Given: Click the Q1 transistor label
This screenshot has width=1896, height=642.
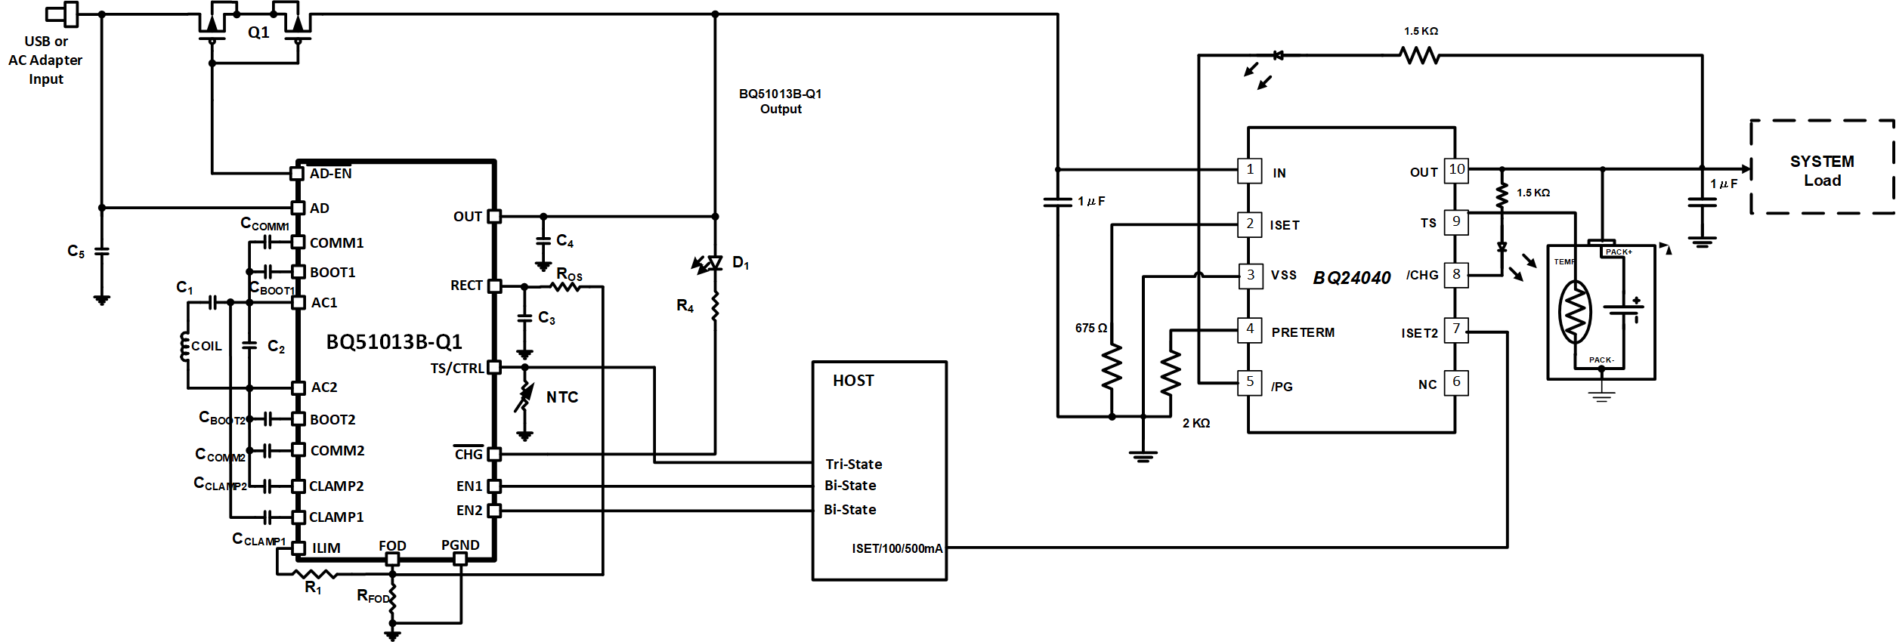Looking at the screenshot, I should click(258, 32).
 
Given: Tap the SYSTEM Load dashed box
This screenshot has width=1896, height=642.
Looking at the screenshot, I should click(1821, 170).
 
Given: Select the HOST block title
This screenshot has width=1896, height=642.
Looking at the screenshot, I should click(853, 381).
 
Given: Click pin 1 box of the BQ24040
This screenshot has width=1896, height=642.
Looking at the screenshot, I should click(1250, 170).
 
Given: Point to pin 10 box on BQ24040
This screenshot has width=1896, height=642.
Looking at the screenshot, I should click(1456, 170).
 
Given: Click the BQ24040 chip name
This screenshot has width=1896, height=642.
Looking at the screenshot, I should click(1352, 278).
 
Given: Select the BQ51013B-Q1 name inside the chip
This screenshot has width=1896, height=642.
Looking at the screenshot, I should click(394, 342).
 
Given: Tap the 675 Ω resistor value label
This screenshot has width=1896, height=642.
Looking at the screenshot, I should click(1090, 328).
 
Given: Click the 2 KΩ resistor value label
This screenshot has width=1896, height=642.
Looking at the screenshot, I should click(1195, 423).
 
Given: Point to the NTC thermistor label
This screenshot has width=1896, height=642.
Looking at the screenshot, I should click(562, 397).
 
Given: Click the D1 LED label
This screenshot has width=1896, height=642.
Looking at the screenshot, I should click(741, 263).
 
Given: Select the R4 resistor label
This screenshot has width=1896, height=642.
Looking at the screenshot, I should click(685, 306).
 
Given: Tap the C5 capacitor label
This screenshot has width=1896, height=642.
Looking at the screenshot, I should click(76, 252).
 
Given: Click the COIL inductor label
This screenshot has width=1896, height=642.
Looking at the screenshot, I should click(206, 346).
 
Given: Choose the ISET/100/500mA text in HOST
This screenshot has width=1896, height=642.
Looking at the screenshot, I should click(897, 548).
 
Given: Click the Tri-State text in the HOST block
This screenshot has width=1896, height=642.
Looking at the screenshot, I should click(853, 464).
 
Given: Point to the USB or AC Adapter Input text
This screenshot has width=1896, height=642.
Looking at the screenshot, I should click(45, 60).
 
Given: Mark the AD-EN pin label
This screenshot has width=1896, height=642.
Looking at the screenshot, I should click(330, 174).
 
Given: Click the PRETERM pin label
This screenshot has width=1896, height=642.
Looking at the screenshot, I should click(1303, 332).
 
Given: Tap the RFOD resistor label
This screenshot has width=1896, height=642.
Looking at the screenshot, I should click(373, 597).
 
